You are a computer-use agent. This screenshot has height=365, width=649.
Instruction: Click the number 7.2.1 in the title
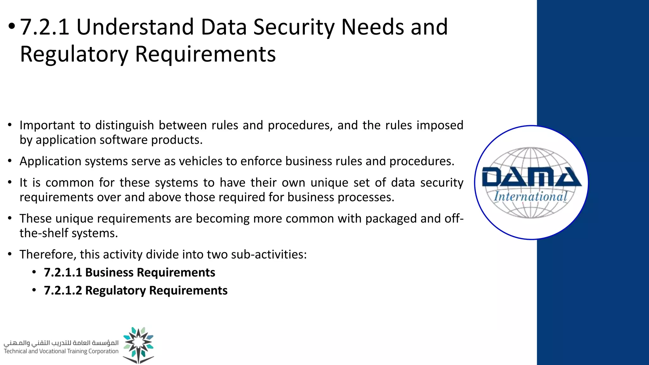coord(44,27)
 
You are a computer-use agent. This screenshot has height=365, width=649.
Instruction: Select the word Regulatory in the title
coord(74,54)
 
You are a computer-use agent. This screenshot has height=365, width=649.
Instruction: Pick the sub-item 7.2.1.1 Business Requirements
coord(129,272)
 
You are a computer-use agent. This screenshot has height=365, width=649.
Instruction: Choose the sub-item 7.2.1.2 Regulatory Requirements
coord(136,291)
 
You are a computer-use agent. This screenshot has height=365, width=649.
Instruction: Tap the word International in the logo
coord(530,196)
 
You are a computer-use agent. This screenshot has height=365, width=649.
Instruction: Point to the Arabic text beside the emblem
coord(61,343)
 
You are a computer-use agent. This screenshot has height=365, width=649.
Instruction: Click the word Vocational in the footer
coord(52,351)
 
